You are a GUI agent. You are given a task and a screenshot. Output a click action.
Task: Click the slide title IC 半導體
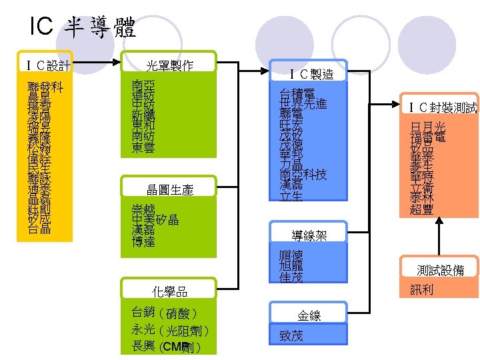point(83,27)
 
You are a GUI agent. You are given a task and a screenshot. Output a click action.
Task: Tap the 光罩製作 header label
point(169,65)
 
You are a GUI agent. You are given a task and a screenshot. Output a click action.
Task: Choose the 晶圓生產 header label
point(169,190)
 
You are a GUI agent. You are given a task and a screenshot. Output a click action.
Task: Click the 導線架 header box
point(309,235)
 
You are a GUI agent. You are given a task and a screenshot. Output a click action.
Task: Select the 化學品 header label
point(169,291)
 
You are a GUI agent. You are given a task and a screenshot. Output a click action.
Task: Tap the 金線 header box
point(309,315)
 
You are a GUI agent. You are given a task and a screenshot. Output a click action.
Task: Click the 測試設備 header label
point(439,269)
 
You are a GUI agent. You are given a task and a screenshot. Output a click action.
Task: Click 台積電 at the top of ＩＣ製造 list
point(297,93)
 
